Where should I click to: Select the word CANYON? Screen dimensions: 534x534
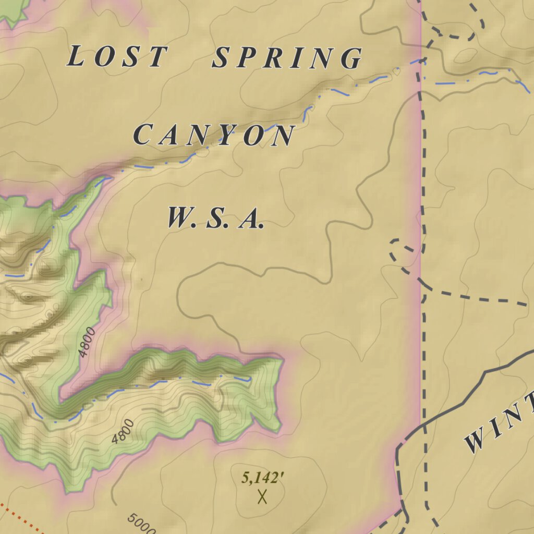coord(214,136)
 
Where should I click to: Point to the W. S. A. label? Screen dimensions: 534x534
coord(214,218)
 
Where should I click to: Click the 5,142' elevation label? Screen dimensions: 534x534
coord(262,478)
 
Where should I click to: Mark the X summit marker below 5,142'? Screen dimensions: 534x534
coord(262,496)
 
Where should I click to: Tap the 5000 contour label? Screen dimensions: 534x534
coord(141,524)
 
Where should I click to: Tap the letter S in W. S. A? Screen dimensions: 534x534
coord(215,219)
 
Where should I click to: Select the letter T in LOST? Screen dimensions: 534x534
coord(157,57)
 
